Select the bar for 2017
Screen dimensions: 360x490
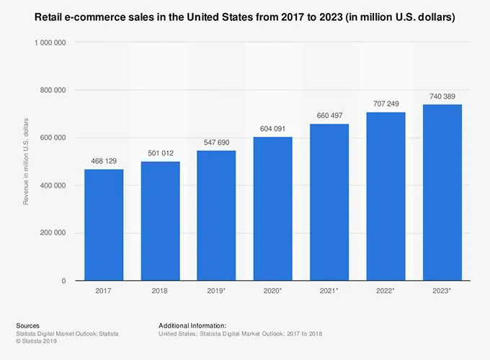click(104, 225)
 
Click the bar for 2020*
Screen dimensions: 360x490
click(273, 209)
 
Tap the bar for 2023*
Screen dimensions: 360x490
click(442, 192)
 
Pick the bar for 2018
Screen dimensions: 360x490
click(160, 221)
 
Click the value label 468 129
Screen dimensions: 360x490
click(104, 162)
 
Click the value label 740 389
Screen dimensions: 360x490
click(442, 96)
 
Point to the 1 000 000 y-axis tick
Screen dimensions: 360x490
click(50, 42)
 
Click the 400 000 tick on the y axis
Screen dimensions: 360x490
click(53, 185)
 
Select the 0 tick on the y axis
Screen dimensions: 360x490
click(65, 280)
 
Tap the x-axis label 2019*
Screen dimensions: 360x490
click(216, 290)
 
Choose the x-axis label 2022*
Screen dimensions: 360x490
click(386, 290)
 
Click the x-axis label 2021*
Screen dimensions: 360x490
click(329, 290)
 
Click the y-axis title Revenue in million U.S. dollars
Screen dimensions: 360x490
click(26, 159)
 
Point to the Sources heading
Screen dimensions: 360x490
click(27, 325)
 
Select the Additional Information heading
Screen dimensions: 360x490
click(192, 325)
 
